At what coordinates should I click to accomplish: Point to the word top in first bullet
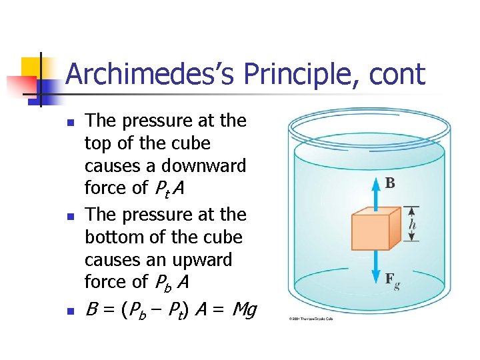point(97,144)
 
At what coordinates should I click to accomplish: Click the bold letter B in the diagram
point(390,183)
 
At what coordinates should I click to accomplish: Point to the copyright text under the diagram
point(310,319)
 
